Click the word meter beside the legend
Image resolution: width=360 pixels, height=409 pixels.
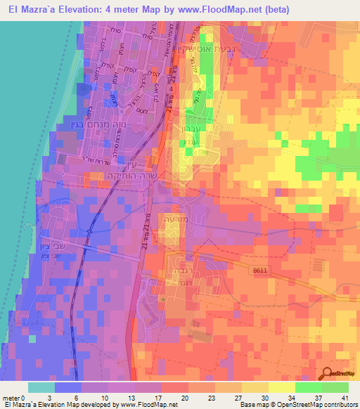pos(11,398)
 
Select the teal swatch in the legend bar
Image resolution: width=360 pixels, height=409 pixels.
pos(41,387)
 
